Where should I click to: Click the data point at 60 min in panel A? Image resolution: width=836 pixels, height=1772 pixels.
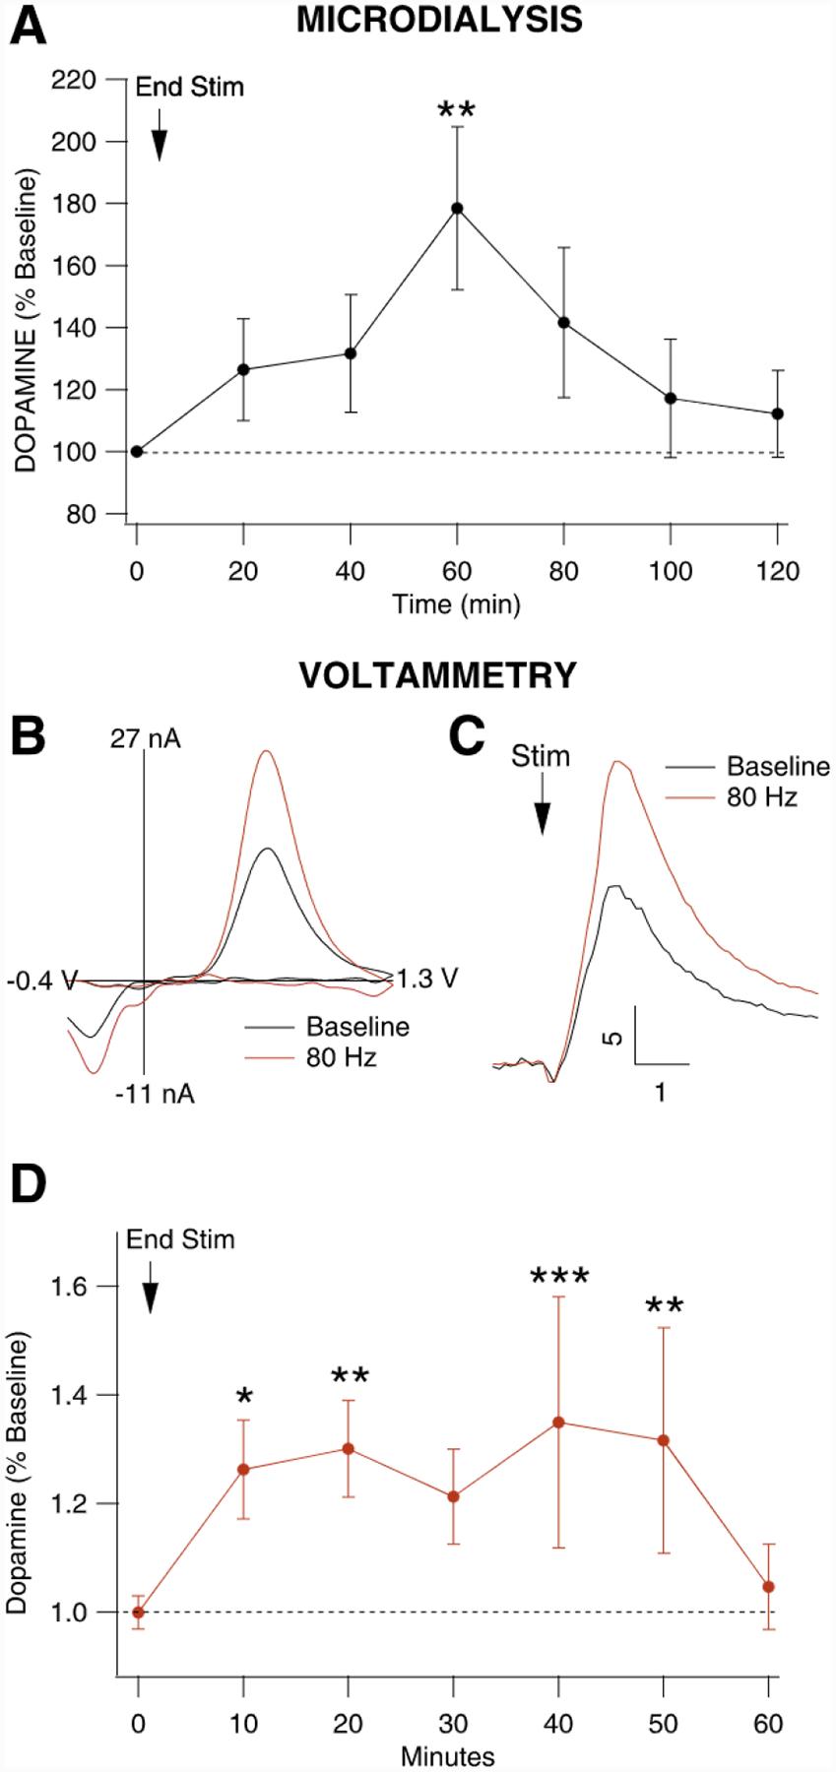[457, 208]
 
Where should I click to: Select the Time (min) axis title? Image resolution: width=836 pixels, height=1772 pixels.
[456, 603]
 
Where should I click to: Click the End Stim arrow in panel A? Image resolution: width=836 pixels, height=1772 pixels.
[160, 139]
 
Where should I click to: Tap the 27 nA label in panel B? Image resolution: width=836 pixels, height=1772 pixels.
[145, 738]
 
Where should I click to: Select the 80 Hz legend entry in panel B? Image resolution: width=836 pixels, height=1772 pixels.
[341, 1057]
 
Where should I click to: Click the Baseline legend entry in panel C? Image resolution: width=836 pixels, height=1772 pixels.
[778, 767]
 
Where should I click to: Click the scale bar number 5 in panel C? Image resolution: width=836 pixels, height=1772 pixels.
[616, 1036]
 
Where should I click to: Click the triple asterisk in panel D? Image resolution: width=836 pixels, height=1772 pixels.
[559, 1278]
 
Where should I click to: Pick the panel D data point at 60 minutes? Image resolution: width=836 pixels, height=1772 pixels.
[769, 1587]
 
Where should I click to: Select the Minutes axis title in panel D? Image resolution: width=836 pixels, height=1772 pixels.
[447, 1755]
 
